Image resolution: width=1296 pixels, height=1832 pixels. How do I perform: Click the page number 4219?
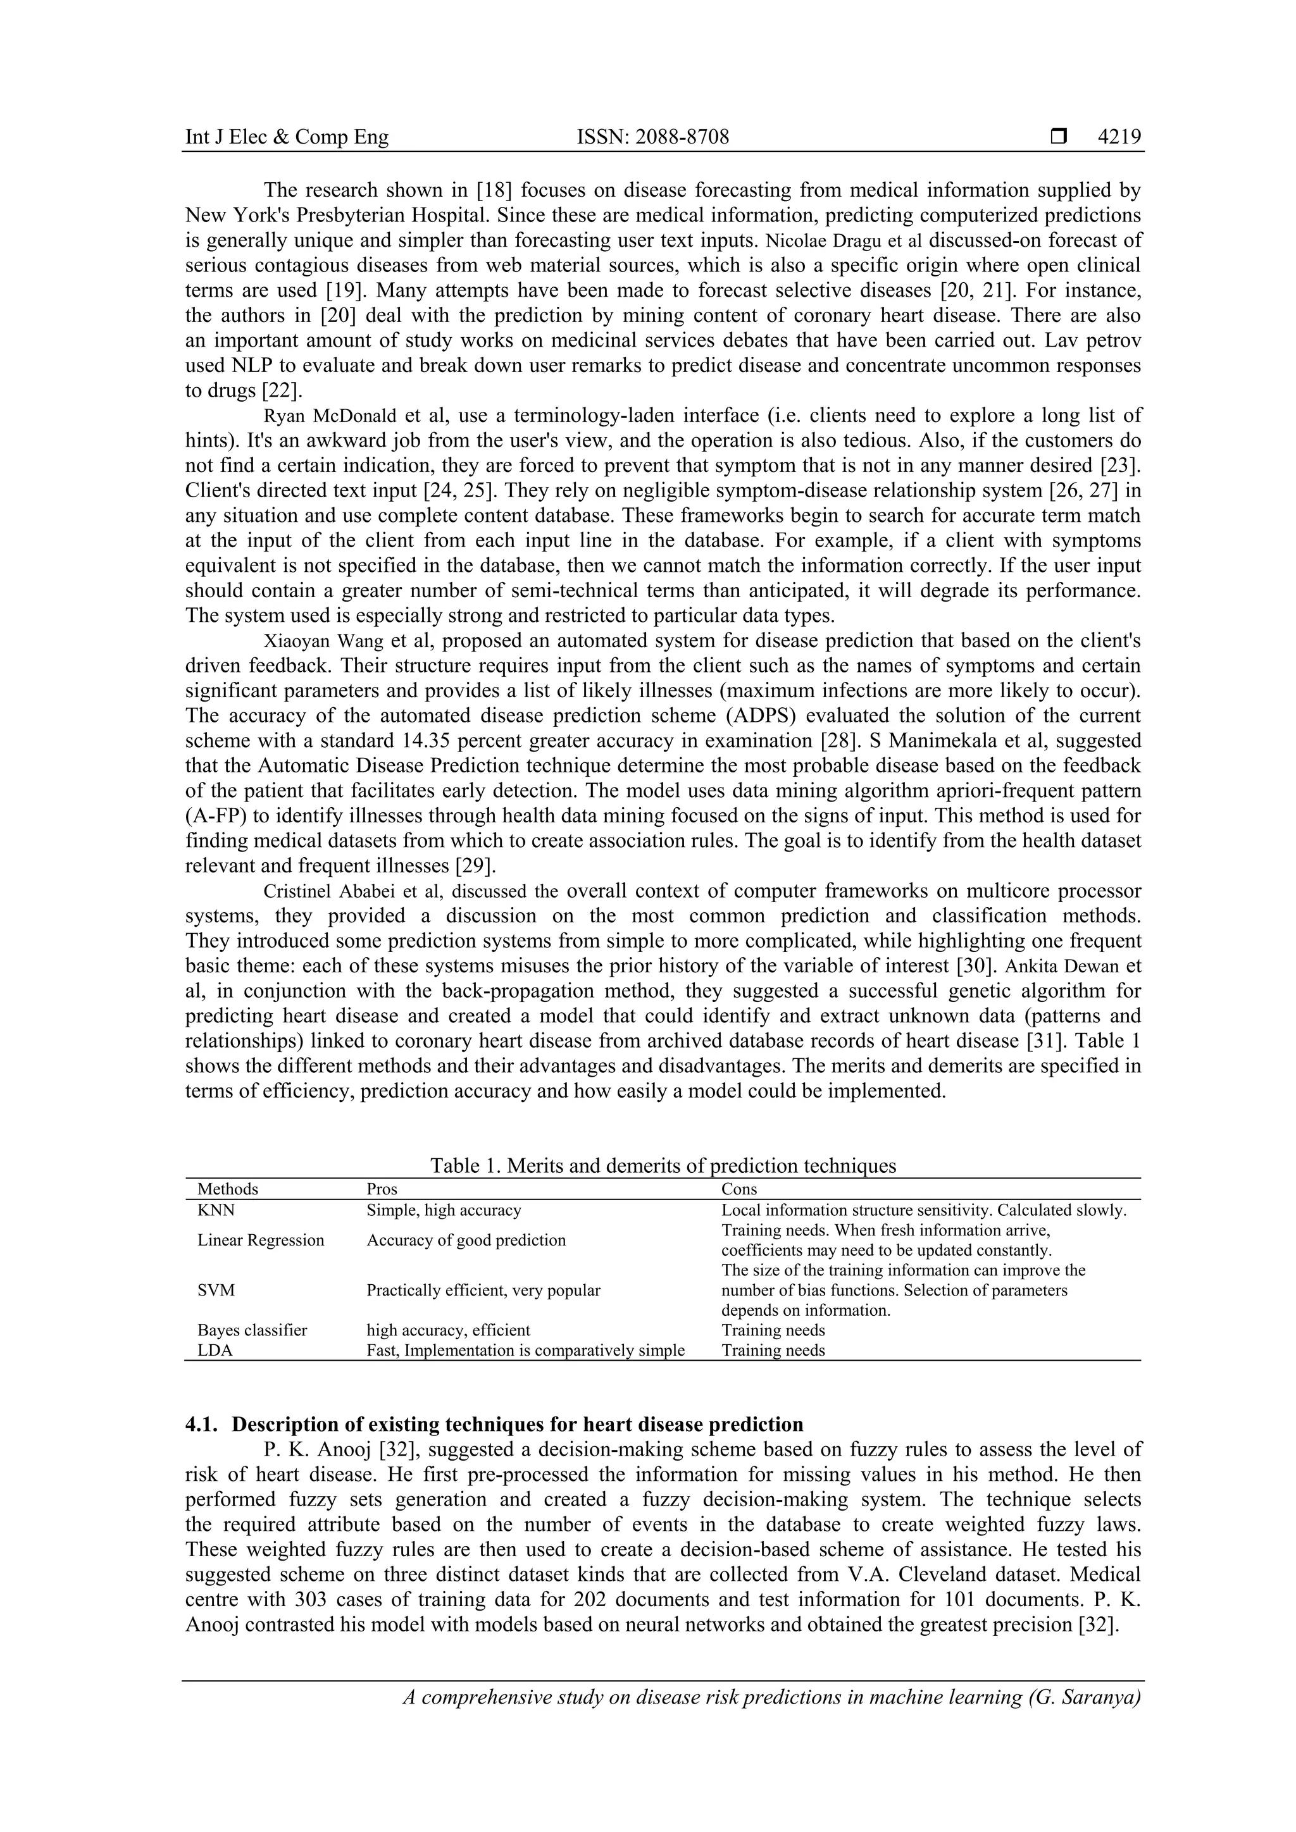(1119, 137)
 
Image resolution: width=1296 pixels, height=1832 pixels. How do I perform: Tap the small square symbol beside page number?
(1058, 137)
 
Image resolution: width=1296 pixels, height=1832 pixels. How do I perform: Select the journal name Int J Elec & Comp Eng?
(287, 137)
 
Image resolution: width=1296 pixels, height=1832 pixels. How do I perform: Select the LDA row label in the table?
(215, 1350)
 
